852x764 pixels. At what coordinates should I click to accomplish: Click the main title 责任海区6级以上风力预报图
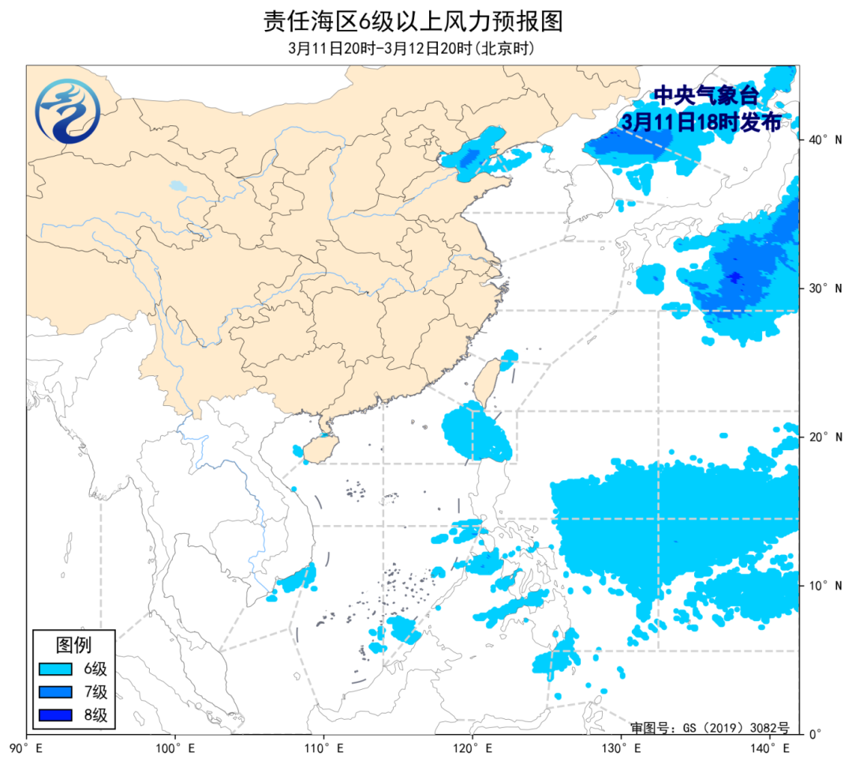click(x=413, y=21)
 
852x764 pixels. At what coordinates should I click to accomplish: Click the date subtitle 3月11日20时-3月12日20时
click(x=413, y=49)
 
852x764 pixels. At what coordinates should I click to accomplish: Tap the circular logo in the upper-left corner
click(x=68, y=111)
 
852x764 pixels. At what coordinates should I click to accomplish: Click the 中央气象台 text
click(x=704, y=96)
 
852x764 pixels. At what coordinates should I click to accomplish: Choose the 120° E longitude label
click(x=471, y=747)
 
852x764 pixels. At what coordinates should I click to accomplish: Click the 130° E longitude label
click(x=620, y=747)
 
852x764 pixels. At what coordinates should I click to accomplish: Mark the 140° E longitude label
click(x=768, y=747)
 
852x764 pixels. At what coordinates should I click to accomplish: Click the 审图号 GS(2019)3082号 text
click(x=708, y=727)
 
